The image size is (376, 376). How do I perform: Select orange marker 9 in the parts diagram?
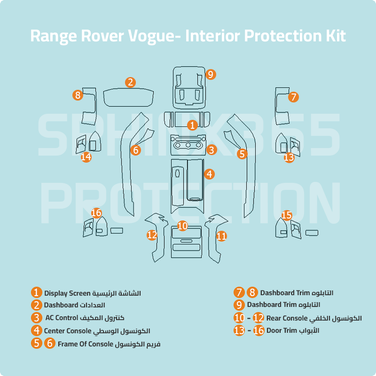click(210, 74)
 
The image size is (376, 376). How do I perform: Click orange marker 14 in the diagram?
click(86, 157)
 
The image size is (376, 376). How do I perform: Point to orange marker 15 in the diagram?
click(287, 215)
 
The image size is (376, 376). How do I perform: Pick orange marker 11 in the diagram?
click(221, 236)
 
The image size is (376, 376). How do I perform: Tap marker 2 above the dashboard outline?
click(130, 82)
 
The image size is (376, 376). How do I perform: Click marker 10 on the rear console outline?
click(182, 226)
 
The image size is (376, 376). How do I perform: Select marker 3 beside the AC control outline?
click(211, 150)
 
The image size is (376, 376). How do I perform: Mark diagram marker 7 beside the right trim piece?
click(293, 97)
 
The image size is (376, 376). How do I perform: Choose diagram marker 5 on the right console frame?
click(242, 153)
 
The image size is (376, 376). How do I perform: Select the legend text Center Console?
click(68, 331)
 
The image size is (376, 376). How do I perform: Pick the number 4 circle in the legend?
click(37, 331)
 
